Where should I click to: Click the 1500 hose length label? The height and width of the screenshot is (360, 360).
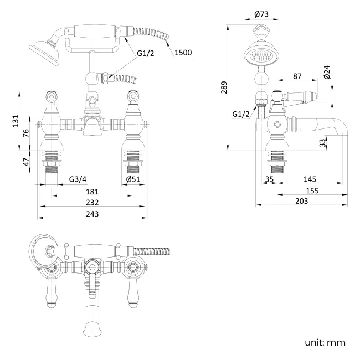click(183, 53)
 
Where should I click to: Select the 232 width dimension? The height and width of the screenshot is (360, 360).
click(92, 203)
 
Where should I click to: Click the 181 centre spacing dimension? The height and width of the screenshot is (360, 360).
click(92, 192)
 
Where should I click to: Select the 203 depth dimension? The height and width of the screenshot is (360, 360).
click(302, 202)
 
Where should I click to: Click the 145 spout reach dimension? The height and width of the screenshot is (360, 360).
click(310, 179)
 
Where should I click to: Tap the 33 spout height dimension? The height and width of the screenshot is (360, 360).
click(323, 142)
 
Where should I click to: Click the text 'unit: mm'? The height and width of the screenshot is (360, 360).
click(325, 342)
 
